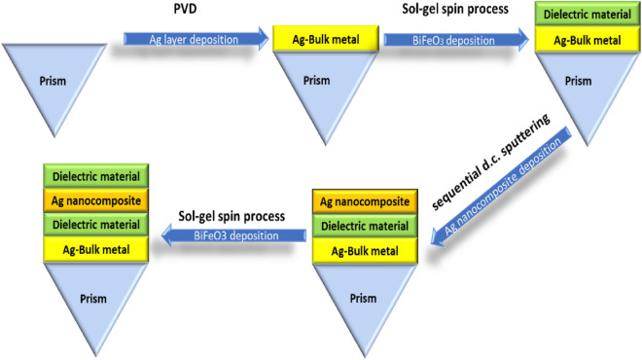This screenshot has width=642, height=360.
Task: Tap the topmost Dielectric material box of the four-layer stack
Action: pos(96,177)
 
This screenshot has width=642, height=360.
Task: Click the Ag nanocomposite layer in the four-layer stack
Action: pos(96,201)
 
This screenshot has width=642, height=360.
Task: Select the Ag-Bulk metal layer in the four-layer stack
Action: pos(96,251)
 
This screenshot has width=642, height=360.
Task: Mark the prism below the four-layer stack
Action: pos(96,302)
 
